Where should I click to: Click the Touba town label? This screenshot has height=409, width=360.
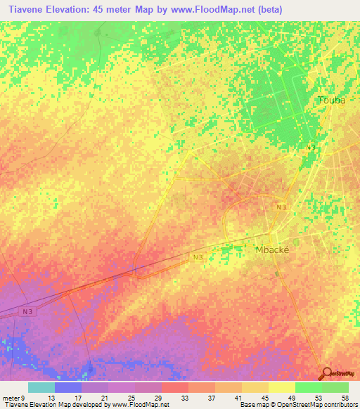click(332, 100)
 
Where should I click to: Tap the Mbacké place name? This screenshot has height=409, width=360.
click(272, 249)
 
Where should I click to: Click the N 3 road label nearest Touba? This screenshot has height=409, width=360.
click(311, 146)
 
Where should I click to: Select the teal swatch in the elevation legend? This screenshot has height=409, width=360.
click(41, 387)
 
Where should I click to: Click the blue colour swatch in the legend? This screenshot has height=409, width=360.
click(68, 387)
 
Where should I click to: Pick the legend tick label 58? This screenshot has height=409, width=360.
click(345, 398)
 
